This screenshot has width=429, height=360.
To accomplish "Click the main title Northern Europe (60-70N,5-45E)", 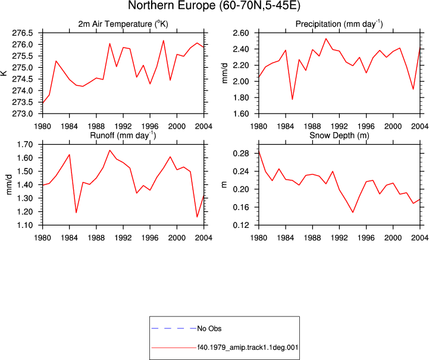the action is [x=214, y=5].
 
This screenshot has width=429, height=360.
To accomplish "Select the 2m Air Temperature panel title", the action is [x=123, y=24].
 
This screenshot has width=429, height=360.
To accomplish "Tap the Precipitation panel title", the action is [x=339, y=24].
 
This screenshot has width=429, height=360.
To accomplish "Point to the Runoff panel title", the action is [x=123, y=136].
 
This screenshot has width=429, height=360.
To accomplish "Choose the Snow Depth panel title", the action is [x=339, y=136].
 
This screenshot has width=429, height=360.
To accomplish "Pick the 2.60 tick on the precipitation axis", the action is [x=241, y=33].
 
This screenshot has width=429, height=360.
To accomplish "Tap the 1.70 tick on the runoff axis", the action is [x=25, y=145].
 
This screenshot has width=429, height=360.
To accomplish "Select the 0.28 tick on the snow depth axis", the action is [x=241, y=154].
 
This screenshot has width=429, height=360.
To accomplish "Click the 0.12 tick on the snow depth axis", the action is [x=241, y=225].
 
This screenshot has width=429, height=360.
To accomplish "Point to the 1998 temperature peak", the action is [x=164, y=40].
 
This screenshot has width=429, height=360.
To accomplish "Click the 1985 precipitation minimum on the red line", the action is [x=293, y=99].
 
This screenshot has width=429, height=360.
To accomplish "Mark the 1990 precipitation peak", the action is [x=326, y=38].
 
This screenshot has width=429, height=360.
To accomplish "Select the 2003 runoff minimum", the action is [x=197, y=217].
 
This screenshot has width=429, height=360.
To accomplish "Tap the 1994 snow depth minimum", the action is [x=353, y=212].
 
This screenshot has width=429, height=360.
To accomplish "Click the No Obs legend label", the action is [x=209, y=328].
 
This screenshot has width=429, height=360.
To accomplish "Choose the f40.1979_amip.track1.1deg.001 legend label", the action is [x=248, y=348].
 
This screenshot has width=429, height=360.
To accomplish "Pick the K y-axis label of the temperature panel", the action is [x=4, y=73].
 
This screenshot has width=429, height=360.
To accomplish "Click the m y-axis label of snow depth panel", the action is [x=224, y=184].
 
